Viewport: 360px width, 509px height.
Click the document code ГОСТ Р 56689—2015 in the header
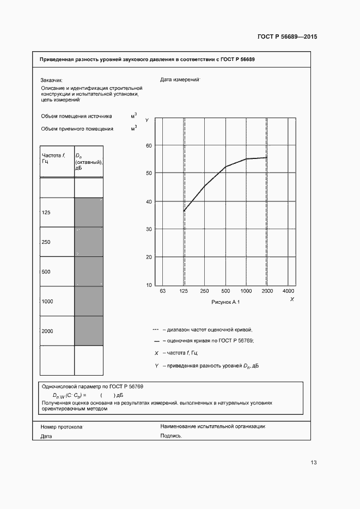(x=287, y=36)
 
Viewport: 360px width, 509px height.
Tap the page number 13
(x=313, y=463)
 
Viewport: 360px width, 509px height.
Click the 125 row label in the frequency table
(x=46, y=212)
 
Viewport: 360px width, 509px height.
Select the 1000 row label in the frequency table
(x=47, y=301)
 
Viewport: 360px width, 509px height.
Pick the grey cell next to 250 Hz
(x=88, y=242)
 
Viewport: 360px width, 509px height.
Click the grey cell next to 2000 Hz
(x=88, y=330)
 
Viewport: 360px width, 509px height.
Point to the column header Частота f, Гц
(x=53, y=158)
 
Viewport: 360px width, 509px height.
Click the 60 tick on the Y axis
(x=149, y=145)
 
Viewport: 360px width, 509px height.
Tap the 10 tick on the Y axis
(x=149, y=285)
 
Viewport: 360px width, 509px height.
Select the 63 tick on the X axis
(x=162, y=292)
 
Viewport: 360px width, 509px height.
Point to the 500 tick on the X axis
(x=225, y=292)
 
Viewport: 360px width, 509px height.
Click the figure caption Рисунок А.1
(x=225, y=302)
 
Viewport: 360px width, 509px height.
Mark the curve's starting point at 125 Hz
(x=184, y=211)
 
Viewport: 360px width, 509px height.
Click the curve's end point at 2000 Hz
(x=266, y=157)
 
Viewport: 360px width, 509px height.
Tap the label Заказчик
(x=52, y=79)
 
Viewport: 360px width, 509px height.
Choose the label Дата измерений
(x=180, y=79)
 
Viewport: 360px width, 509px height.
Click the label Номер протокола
(x=62, y=427)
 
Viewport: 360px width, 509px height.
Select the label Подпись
(x=171, y=436)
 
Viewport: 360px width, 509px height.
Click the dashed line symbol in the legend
(x=156, y=329)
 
